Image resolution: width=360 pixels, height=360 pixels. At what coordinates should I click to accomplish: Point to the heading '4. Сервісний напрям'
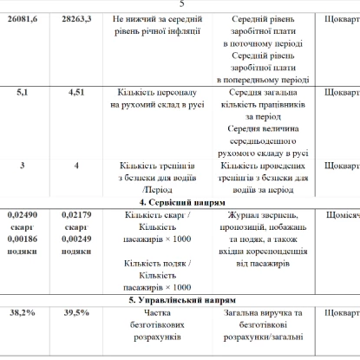181,200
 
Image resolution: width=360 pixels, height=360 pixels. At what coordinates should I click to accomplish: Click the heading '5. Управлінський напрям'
180,298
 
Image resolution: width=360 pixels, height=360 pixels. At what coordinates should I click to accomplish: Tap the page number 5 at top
180,4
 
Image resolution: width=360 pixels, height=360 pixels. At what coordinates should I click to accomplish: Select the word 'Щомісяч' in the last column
341,213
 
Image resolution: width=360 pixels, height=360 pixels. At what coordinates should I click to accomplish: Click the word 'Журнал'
239,213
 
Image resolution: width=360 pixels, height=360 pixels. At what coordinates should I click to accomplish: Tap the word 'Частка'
156,311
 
